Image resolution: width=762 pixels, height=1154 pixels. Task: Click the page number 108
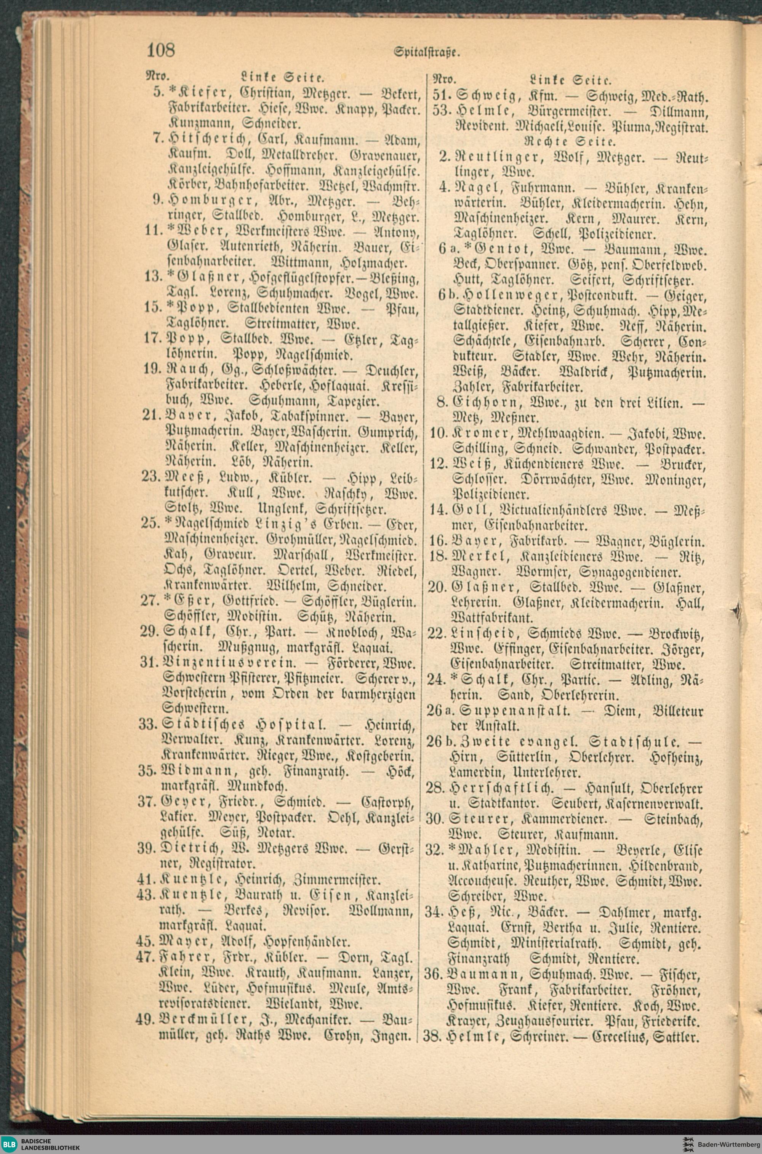(x=160, y=50)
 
